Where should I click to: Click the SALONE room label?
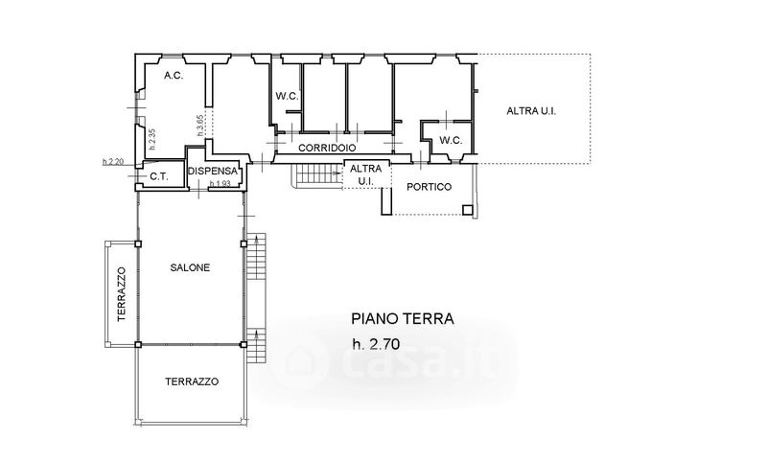coord(190,267)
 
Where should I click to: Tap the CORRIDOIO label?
coord(327,148)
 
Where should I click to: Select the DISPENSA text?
coord(212,172)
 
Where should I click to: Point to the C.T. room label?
coord(159,176)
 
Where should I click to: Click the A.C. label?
coord(174,76)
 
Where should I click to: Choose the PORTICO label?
coord(429,187)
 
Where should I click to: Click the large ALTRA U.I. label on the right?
coord(531,111)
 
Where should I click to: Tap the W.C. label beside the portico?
coord(451,140)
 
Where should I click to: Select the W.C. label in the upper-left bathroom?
coord(287,96)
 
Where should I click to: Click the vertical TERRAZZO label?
coord(122,294)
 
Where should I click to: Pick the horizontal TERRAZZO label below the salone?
coord(192,381)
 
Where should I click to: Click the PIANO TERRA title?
coord(403,319)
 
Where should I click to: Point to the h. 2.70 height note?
coord(376,344)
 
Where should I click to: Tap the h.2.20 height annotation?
coord(113,161)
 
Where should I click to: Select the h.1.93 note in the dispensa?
coord(220,184)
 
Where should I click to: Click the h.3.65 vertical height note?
coord(200,126)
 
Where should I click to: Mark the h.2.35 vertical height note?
coord(152,139)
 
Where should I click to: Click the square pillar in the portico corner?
coord(468,210)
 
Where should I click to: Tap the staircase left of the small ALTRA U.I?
coord(314,174)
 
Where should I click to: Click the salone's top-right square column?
coord(244,243)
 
